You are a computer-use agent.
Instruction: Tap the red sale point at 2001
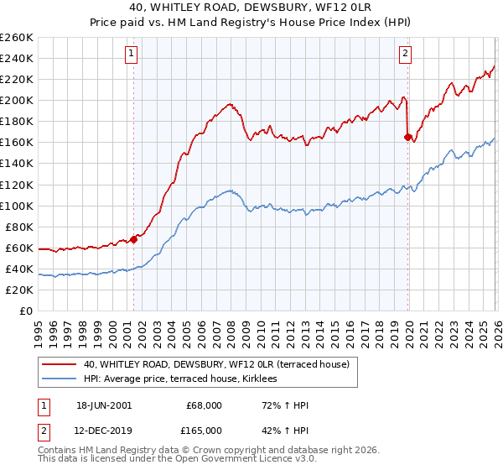(x=134, y=239)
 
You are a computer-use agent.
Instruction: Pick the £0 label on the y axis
(x=27, y=311)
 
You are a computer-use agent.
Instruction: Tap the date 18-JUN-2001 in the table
(x=103, y=405)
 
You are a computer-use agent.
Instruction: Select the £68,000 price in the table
(x=204, y=405)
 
